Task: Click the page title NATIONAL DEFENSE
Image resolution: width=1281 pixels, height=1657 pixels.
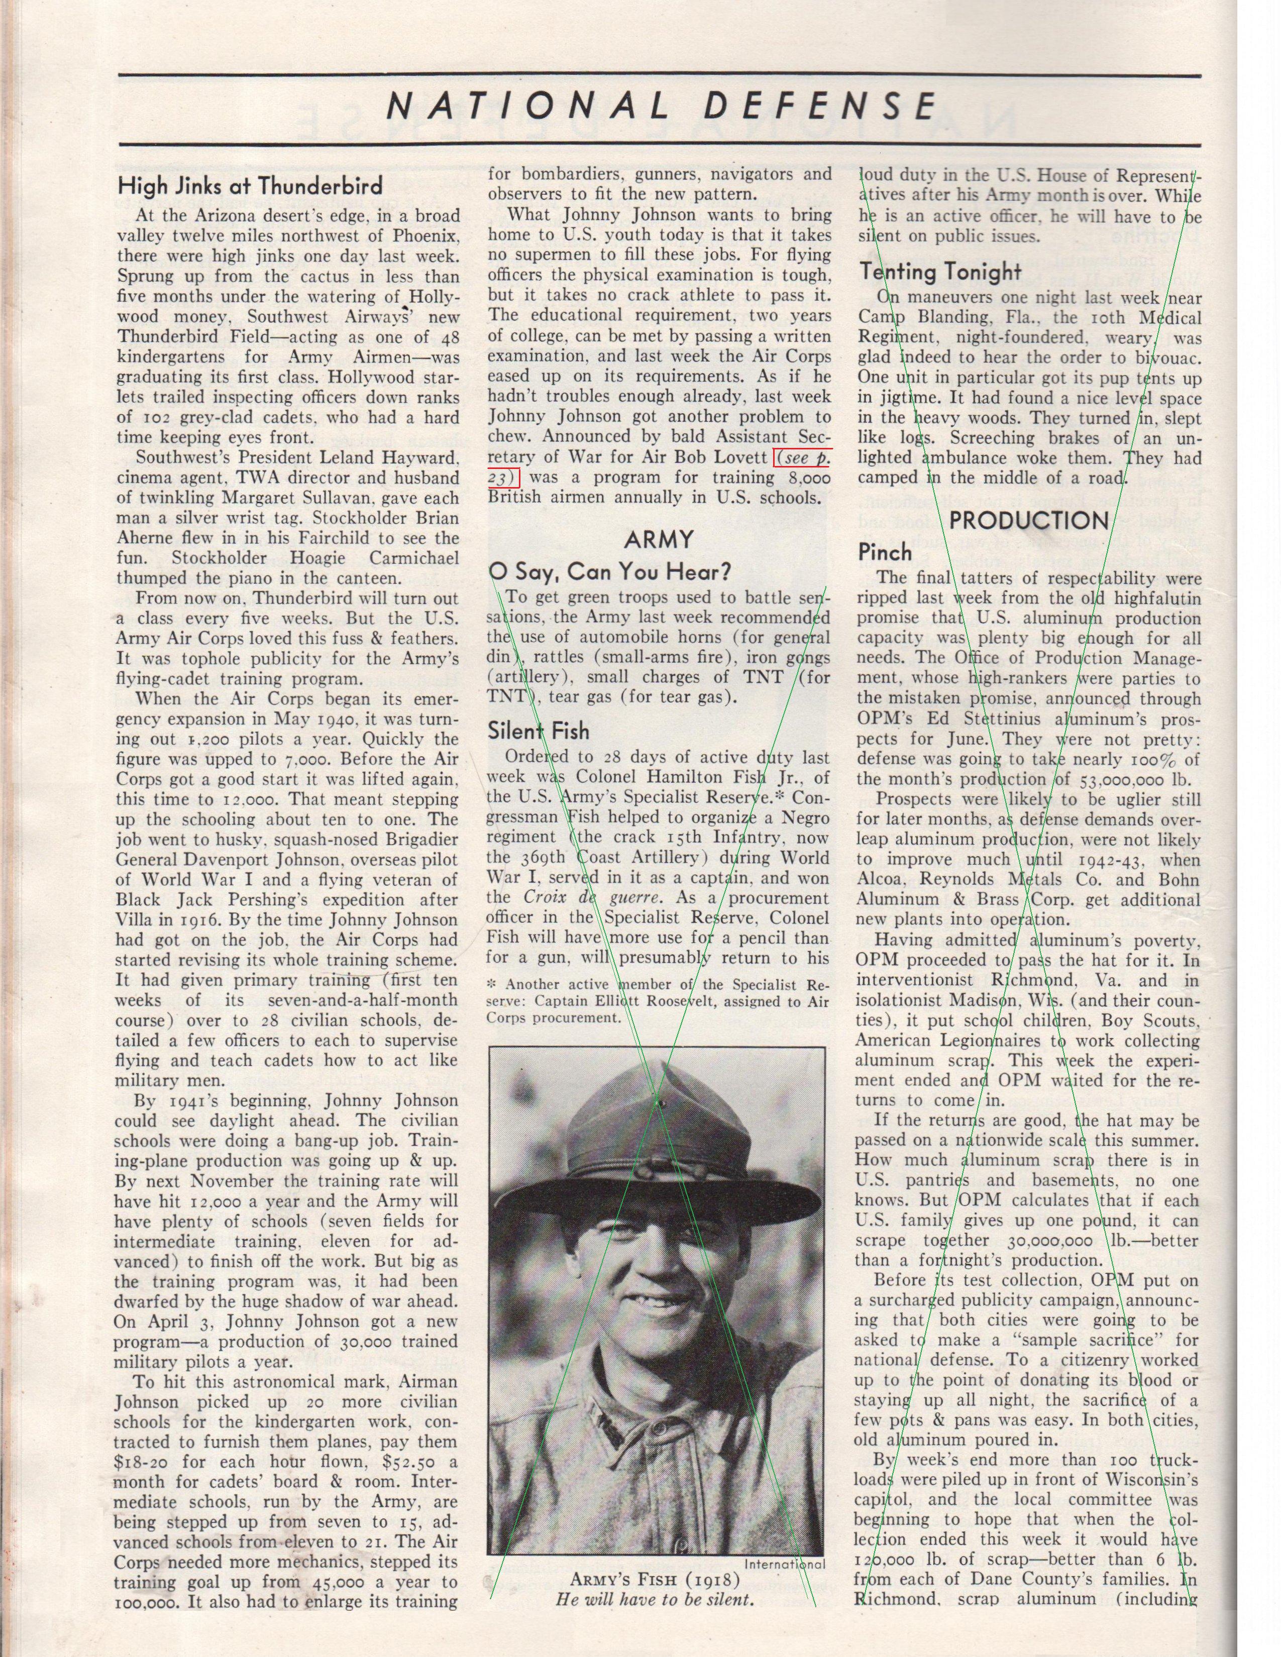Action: click(x=660, y=106)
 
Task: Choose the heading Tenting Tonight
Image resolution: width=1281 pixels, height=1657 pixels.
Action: click(x=941, y=270)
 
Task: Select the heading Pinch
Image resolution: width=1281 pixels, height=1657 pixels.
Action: click(x=885, y=552)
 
